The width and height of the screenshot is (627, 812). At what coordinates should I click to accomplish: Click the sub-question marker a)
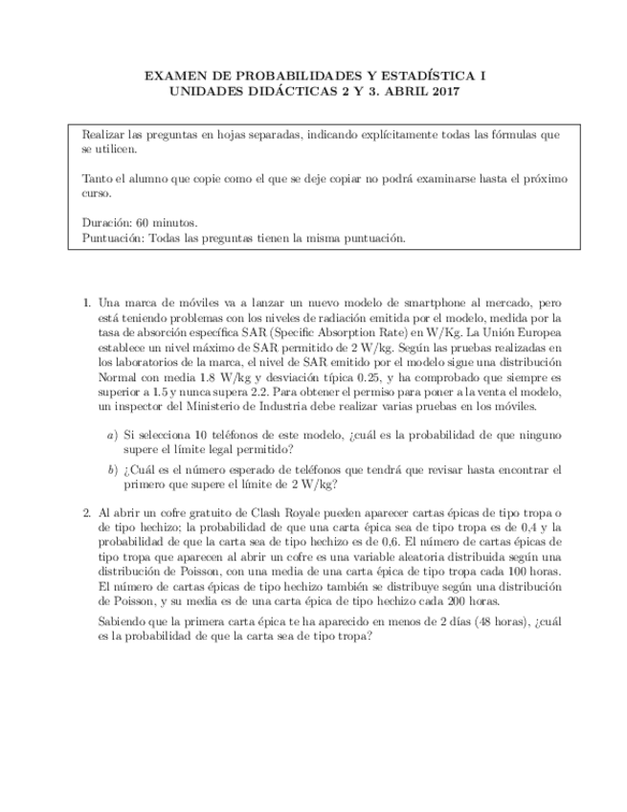tap(113, 436)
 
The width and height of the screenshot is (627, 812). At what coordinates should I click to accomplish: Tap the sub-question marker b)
tap(113, 470)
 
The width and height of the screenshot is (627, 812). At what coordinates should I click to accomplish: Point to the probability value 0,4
tap(519, 529)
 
